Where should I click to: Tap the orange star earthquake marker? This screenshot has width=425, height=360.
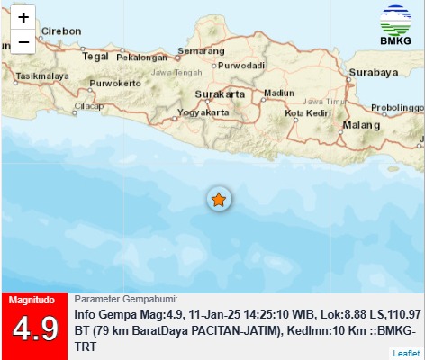tap(218, 199)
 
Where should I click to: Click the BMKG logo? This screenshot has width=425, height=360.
tap(393, 28)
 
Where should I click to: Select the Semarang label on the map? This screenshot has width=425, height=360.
tap(201, 50)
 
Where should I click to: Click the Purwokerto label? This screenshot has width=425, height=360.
tap(115, 85)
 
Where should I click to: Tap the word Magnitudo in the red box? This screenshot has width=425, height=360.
tap(33, 300)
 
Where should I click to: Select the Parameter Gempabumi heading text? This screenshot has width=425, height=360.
tap(125, 299)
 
